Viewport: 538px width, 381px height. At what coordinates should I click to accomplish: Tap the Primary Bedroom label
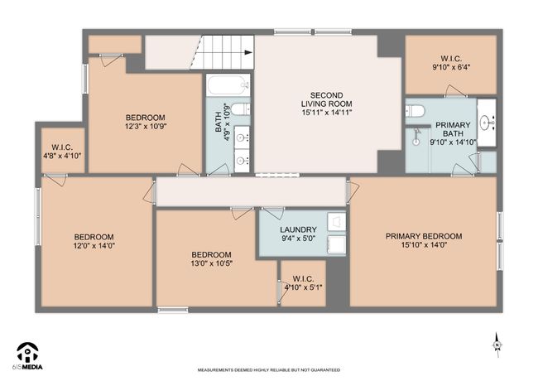(x=424, y=236)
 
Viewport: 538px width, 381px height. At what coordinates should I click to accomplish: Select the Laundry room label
(x=298, y=229)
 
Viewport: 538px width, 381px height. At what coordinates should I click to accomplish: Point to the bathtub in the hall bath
(x=228, y=84)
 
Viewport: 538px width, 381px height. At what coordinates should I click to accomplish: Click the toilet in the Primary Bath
(x=416, y=111)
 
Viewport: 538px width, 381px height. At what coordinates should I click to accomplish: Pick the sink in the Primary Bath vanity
(x=485, y=122)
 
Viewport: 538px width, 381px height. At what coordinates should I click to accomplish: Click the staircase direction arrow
(x=248, y=52)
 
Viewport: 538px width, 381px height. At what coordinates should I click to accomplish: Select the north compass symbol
(x=497, y=345)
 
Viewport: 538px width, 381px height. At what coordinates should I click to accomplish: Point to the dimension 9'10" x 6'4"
(x=451, y=67)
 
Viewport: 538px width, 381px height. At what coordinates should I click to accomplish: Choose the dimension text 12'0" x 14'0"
(x=94, y=246)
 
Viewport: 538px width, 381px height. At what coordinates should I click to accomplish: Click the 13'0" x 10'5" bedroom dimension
(x=211, y=263)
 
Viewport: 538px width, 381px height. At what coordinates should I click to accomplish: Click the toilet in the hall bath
(x=241, y=109)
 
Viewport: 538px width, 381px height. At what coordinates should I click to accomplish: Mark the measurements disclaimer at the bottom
(x=269, y=370)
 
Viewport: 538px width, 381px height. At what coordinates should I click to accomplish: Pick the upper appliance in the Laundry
(x=336, y=222)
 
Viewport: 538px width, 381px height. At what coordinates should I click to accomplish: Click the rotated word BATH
(x=219, y=123)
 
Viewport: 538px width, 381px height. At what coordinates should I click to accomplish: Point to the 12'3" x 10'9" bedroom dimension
(x=146, y=127)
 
